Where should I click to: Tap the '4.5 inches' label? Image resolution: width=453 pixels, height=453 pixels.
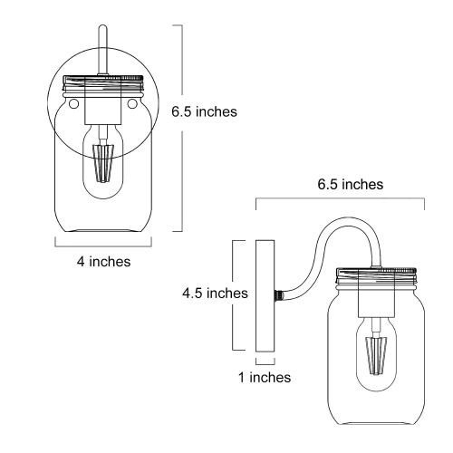(214, 294)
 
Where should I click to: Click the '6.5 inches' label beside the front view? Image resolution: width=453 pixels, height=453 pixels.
(204, 112)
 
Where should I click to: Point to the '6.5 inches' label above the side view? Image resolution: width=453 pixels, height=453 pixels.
(350, 184)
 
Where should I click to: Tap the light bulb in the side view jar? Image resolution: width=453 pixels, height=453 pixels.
(374, 353)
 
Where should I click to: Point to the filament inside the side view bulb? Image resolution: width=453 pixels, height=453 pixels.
(374, 355)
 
